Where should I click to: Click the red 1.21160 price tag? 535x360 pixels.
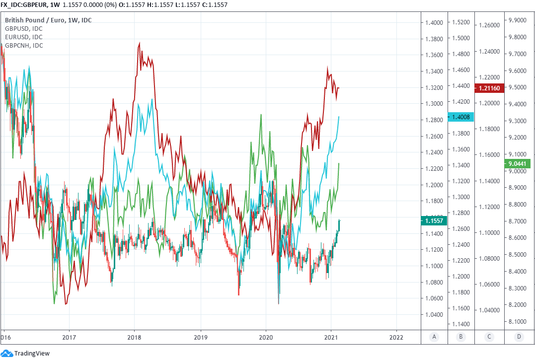pyautogui.click(x=489, y=88)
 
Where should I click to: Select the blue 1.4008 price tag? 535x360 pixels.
pyautogui.click(x=461, y=117)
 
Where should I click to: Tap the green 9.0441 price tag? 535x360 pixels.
pyautogui.click(x=517, y=163)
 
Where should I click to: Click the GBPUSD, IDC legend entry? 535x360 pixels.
pyautogui.click(x=23, y=28)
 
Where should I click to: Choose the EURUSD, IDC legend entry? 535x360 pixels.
pyautogui.click(x=23, y=37)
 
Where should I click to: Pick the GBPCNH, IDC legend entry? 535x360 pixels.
pyautogui.click(x=24, y=45)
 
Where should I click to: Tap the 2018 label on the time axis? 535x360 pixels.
pyautogui.click(x=134, y=337)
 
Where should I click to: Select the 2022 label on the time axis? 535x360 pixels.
pyautogui.click(x=396, y=337)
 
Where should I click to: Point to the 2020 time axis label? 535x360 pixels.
pyautogui.click(x=266, y=337)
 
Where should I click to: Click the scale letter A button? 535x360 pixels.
pyautogui.click(x=434, y=337)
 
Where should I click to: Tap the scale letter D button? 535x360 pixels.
pyautogui.click(x=519, y=337)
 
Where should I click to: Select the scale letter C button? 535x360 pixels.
pyautogui.click(x=489, y=337)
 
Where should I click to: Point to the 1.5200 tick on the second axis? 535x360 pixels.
pyautogui.click(x=461, y=22)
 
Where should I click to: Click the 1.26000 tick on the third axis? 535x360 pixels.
pyautogui.click(x=489, y=25)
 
